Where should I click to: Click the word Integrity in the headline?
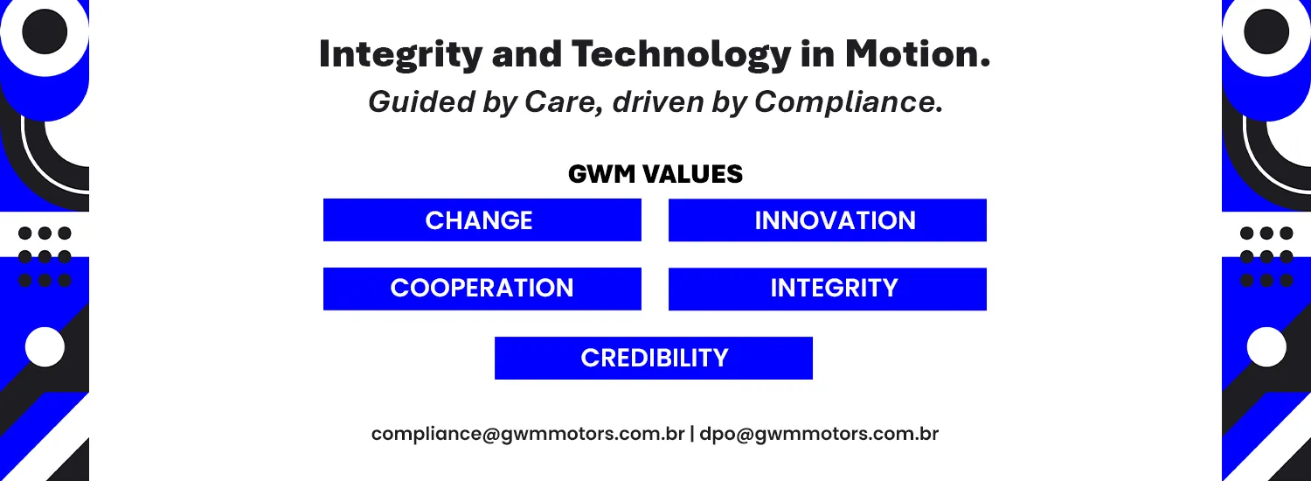400,54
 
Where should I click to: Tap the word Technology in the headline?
681,54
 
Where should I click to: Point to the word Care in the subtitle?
565,101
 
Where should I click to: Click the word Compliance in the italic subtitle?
849,102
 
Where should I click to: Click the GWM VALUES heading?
655,174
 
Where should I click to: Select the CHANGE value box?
482,220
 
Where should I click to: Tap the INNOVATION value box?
828,220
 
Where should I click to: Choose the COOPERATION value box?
482,289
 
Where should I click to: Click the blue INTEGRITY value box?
828,289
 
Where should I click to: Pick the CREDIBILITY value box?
654,358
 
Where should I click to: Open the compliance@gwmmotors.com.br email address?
528,434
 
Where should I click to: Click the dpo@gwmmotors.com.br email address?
820,434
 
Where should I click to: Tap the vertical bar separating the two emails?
692,434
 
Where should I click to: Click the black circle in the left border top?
45,31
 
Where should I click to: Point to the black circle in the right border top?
1266,31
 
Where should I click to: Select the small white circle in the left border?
45,347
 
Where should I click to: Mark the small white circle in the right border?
1266,347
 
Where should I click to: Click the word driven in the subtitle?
657,101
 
